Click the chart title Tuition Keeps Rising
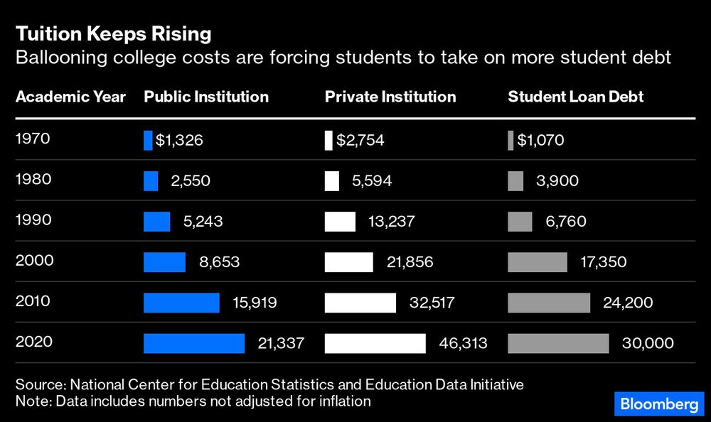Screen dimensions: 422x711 coord(113,33)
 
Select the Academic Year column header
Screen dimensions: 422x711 coord(70,97)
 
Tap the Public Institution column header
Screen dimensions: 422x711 coord(206,97)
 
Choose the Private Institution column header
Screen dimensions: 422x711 coord(390,97)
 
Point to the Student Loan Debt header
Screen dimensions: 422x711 coord(575,97)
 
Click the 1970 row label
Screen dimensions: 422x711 coord(33,140)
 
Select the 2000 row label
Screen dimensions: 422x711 coord(34,261)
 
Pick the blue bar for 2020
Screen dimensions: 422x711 coord(194,343)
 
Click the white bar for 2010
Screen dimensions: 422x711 coord(360,303)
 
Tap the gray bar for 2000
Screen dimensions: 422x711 coord(538,262)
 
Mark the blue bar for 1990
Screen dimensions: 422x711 coord(157,222)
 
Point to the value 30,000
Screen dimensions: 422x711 coord(647,343)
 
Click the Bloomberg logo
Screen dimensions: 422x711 coord(659,404)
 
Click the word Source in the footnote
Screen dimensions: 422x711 coord(39,385)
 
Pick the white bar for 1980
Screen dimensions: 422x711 coord(332,181)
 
